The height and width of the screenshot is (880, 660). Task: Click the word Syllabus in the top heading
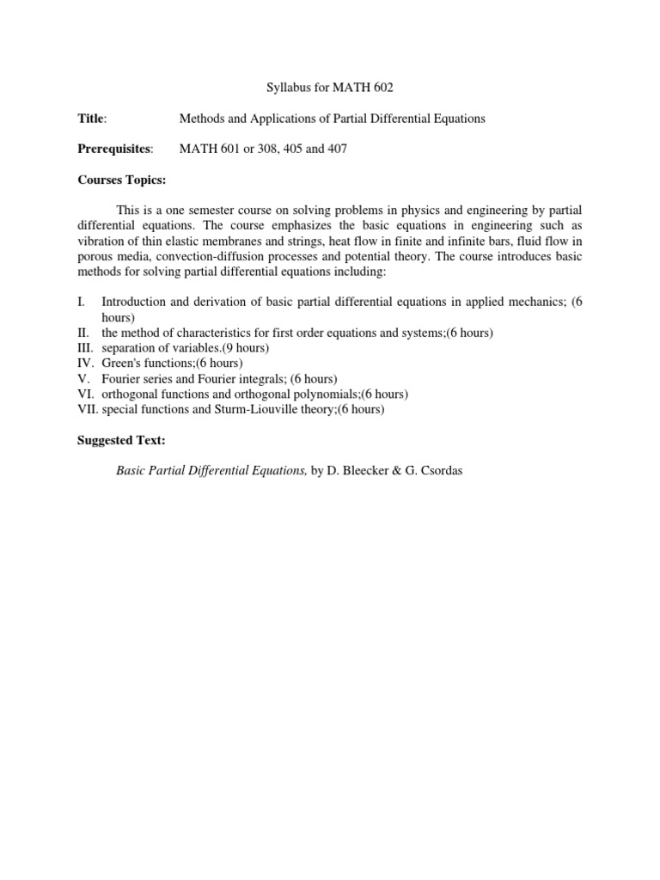click(x=281, y=87)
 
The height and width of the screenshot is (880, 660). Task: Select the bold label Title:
click(x=92, y=119)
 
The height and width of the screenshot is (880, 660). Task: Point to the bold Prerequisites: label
click(x=115, y=150)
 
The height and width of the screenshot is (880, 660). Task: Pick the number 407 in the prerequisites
click(x=337, y=150)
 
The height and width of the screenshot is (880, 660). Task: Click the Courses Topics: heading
click(x=122, y=180)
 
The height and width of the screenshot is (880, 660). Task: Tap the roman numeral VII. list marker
click(x=89, y=410)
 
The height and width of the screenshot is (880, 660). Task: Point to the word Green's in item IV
click(x=120, y=364)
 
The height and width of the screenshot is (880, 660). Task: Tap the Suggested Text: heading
click(x=121, y=441)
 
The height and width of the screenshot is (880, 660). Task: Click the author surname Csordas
click(x=439, y=472)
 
